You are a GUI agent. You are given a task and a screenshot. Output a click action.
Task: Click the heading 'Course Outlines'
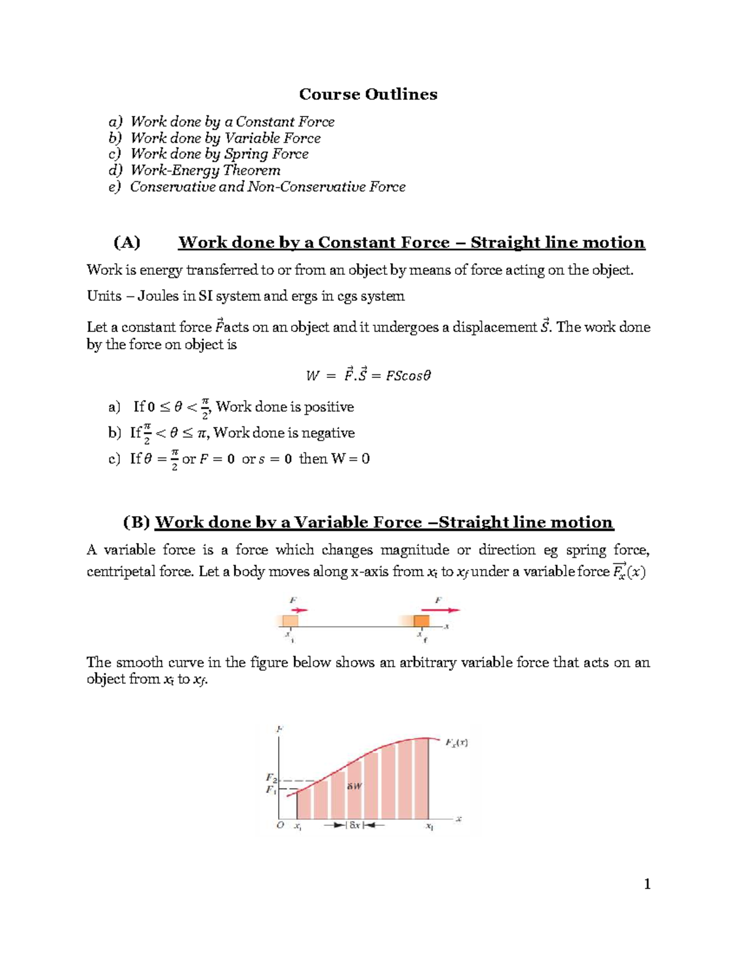click(x=368, y=94)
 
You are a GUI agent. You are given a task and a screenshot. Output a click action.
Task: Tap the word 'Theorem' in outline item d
click(x=252, y=170)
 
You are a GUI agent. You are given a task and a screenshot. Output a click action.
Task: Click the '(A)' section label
click(x=127, y=242)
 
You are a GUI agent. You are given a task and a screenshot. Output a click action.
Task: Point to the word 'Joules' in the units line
click(x=158, y=296)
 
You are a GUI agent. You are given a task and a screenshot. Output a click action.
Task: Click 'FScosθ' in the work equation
click(x=408, y=376)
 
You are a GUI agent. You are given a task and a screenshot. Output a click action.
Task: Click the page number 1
click(x=647, y=884)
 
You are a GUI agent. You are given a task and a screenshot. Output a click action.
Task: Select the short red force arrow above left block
click(x=299, y=610)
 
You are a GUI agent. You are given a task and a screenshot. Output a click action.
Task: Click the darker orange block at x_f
click(x=421, y=620)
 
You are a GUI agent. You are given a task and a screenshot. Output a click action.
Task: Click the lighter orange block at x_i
click(x=289, y=620)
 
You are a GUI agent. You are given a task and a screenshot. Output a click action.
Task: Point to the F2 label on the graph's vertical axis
click(x=271, y=779)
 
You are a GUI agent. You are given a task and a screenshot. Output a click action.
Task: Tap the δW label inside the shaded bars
click(x=354, y=786)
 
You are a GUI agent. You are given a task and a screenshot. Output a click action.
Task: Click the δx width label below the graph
click(x=355, y=825)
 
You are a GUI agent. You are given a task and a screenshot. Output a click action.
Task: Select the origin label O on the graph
click(x=280, y=825)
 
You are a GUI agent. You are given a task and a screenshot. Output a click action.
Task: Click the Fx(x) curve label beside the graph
click(x=456, y=743)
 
